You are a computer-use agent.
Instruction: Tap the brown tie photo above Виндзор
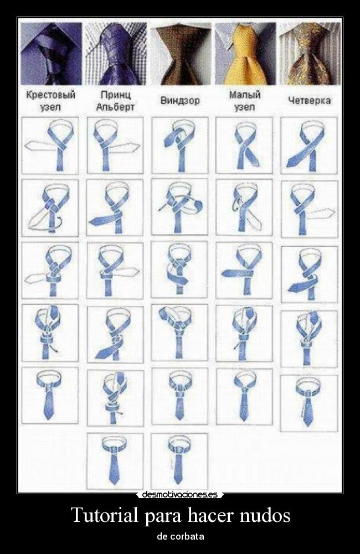181,54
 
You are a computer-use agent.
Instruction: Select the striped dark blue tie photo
51,54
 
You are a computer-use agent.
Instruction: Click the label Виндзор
180,101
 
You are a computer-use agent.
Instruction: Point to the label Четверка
310,100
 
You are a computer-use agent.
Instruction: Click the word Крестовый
51,95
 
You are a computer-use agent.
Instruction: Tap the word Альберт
115,107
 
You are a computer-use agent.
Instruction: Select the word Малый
244,95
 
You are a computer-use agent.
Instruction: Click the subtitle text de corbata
180,536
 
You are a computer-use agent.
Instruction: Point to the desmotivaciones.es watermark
180,494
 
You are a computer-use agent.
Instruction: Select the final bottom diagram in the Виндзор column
180,461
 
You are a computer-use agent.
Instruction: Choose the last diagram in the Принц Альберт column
115,461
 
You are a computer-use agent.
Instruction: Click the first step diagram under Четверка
309,145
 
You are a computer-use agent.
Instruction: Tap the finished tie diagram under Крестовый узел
50,395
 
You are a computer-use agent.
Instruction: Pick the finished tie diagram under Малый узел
244,396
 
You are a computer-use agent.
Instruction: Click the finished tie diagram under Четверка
309,403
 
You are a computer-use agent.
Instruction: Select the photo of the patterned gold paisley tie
310,54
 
